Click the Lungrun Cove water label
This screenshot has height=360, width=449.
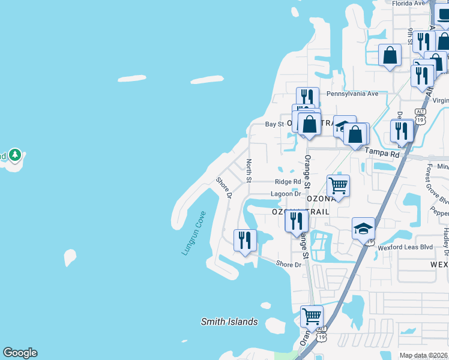tap(194, 233)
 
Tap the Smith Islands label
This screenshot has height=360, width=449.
tap(229, 322)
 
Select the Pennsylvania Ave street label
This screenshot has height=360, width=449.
tap(352, 94)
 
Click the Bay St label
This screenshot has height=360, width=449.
tap(274, 124)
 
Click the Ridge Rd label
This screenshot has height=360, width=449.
tap(288, 182)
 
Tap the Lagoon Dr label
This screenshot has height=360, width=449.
tap(286, 194)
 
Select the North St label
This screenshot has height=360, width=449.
tap(249, 171)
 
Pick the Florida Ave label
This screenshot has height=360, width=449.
tap(409, 4)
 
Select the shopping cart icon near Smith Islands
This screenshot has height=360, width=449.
tap(312, 316)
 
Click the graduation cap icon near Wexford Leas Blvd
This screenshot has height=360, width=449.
tap(363, 229)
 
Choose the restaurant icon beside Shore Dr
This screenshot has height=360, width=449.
tap(245, 241)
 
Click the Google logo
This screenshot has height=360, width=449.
tap(20, 353)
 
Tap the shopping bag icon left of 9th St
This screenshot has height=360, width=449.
tap(390, 55)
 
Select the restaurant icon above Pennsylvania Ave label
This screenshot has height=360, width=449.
tap(307, 98)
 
